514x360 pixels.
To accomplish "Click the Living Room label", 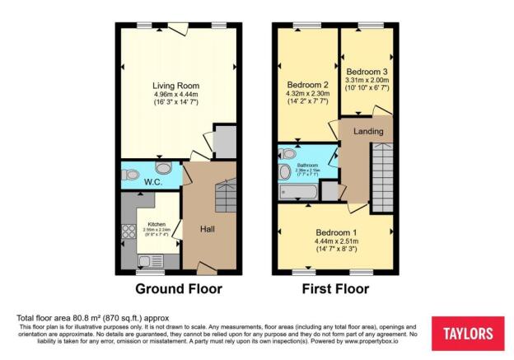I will tap(176, 85).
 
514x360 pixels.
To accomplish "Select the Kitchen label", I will tap(157, 225).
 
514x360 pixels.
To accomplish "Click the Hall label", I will tap(208, 228).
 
